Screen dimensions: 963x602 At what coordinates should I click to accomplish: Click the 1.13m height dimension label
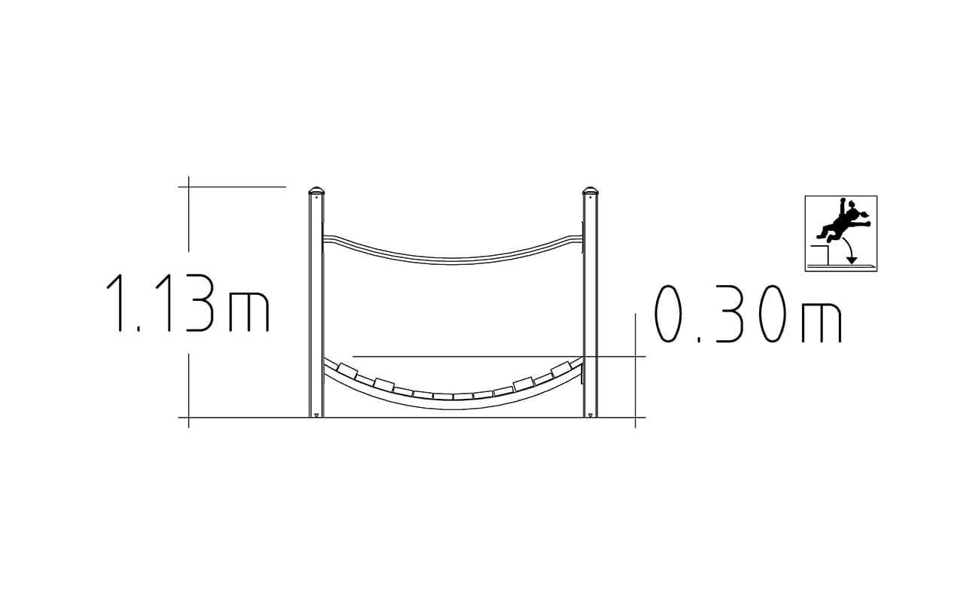pyautogui.click(x=188, y=303)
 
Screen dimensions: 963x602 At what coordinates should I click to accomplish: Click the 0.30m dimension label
pyautogui.click(x=748, y=314)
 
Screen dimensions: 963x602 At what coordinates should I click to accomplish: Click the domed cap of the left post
pyautogui.click(x=317, y=190)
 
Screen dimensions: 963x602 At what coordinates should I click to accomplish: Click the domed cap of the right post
pyautogui.click(x=591, y=190)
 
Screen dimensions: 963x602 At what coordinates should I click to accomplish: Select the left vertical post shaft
pyautogui.click(x=317, y=306)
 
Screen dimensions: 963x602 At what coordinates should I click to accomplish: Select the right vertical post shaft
pyautogui.click(x=591, y=306)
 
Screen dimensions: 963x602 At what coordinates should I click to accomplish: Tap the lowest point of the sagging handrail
pyautogui.click(x=452, y=261)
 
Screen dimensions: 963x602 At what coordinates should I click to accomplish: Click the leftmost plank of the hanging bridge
pyautogui.click(x=348, y=370)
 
